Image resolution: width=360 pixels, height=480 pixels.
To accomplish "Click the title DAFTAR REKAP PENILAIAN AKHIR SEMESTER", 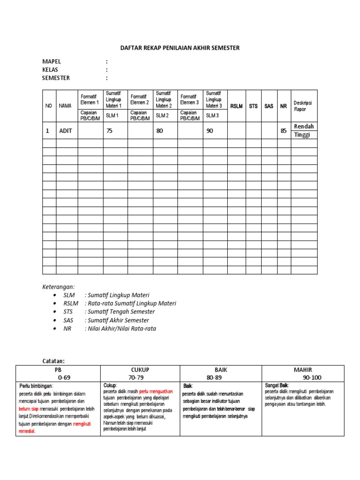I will pos(180,48).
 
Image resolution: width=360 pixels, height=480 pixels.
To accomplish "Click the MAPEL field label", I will pos(52,61).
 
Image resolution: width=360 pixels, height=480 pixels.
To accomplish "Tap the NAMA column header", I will pos(65,106).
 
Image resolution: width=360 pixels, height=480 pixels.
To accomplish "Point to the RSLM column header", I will pos(236,106).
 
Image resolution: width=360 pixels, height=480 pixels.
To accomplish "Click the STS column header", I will pos(253,106).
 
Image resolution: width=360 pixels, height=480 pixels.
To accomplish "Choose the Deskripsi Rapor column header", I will pos(302,106).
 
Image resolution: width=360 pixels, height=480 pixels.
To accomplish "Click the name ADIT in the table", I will pos(66,131).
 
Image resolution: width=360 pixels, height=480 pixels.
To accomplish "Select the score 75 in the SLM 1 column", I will pos(109,131).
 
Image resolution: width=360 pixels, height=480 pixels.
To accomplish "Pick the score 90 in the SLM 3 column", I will pos(210,131).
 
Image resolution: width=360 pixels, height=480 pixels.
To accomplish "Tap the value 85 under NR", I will pos(283,131).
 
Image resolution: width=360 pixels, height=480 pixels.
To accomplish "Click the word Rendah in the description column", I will pos(303,127).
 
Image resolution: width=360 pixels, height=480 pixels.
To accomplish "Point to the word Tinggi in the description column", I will pos(302,135).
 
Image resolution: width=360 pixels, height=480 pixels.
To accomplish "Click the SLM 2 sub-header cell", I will pos(162,115).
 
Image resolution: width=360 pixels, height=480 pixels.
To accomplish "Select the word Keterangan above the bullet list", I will pos(59,286).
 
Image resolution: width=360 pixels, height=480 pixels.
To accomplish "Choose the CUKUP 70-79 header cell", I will pos(140,373).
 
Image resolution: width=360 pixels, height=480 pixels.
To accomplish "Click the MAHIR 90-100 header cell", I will pos(303,373).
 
